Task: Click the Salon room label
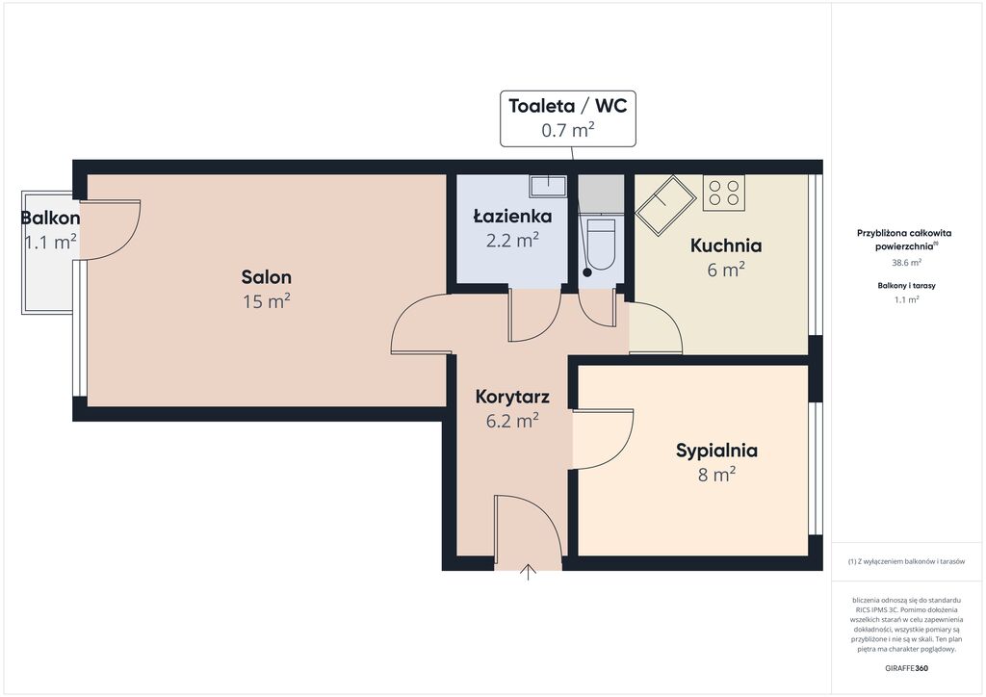point(266,277)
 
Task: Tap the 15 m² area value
point(266,301)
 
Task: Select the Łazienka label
point(512,216)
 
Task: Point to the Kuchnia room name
point(726,245)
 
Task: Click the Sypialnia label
point(716,451)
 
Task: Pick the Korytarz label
point(512,398)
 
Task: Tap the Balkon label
point(50,219)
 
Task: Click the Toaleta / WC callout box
point(568,118)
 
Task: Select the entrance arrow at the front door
point(529,571)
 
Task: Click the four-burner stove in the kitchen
point(724,193)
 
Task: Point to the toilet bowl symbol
point(601,244)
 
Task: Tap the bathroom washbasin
point(548,186)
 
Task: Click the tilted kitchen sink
point(665,205)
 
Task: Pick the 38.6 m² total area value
point(906,263)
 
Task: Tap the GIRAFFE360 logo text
point(906,668)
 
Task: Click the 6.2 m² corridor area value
point(512,421)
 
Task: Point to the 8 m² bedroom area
point(716,475)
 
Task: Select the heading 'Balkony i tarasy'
point(906,285)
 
